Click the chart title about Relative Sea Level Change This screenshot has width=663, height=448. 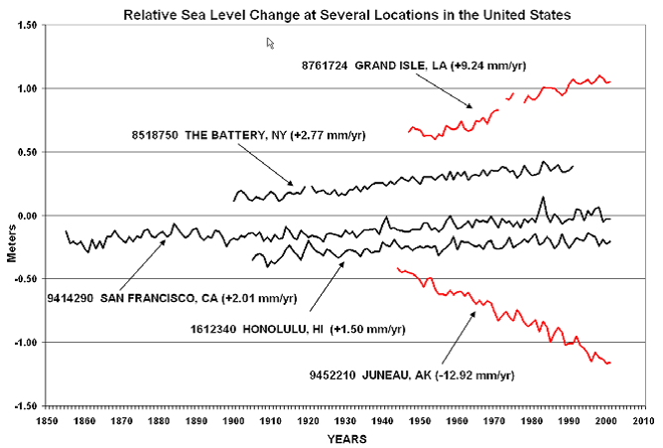pos(341,15)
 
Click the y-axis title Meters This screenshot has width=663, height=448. pos(12,247)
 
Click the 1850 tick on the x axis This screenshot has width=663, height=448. pos(45,420)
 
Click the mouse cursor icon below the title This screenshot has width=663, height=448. pos(269,44)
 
